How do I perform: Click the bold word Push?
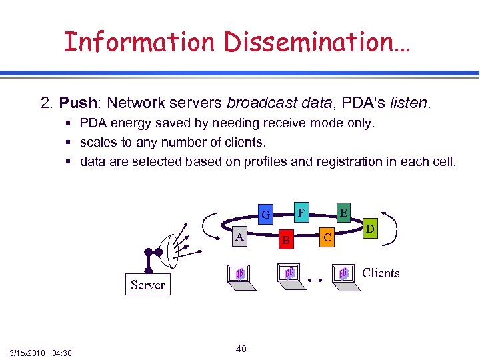pyautogui.click(x=78, y=103)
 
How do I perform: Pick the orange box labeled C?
pyautogui.click(x=327, y=237)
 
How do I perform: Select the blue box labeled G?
pyautogui.click(x=265, y=215)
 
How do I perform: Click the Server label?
pyautogui.click(x=147, y=285)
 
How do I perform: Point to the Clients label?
pyautogui.click(x=381, y=273)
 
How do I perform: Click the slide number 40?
pyautogui.click(x=241, y=349)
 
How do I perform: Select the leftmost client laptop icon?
pyautogui.click(x=241, y=275)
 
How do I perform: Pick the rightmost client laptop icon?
pyautogui.click(x=343, y=275)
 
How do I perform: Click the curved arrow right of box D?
pyautogui.click(x=394, y=224)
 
